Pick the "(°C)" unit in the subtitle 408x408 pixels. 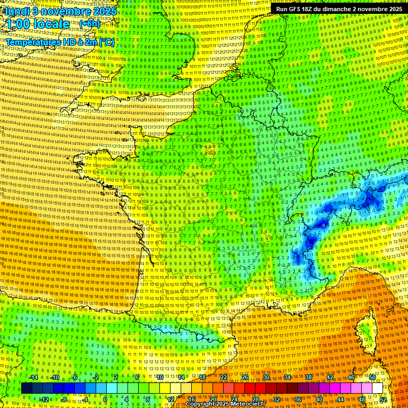tap(105, 41)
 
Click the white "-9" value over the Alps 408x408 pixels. tap(324, 225)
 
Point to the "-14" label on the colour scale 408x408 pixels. tap(33, 377)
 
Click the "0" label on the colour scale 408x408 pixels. tap(105, 399)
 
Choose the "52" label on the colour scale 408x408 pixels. tap(382, 399)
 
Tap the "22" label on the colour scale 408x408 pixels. tap(224, 377)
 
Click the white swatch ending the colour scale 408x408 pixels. tap(377, 388)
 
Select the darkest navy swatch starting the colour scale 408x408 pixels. tap(27, 388)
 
